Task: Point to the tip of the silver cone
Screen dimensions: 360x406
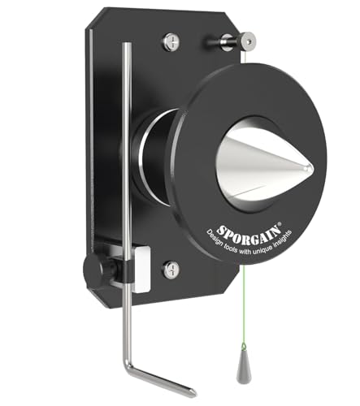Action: click(x=312, y=170)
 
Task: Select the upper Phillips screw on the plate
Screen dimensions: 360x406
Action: click(x=171, y=41)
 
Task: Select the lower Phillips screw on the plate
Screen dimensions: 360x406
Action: click(x=171, y=270)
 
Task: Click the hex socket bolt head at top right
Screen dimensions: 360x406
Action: click(x=248, y=41)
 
